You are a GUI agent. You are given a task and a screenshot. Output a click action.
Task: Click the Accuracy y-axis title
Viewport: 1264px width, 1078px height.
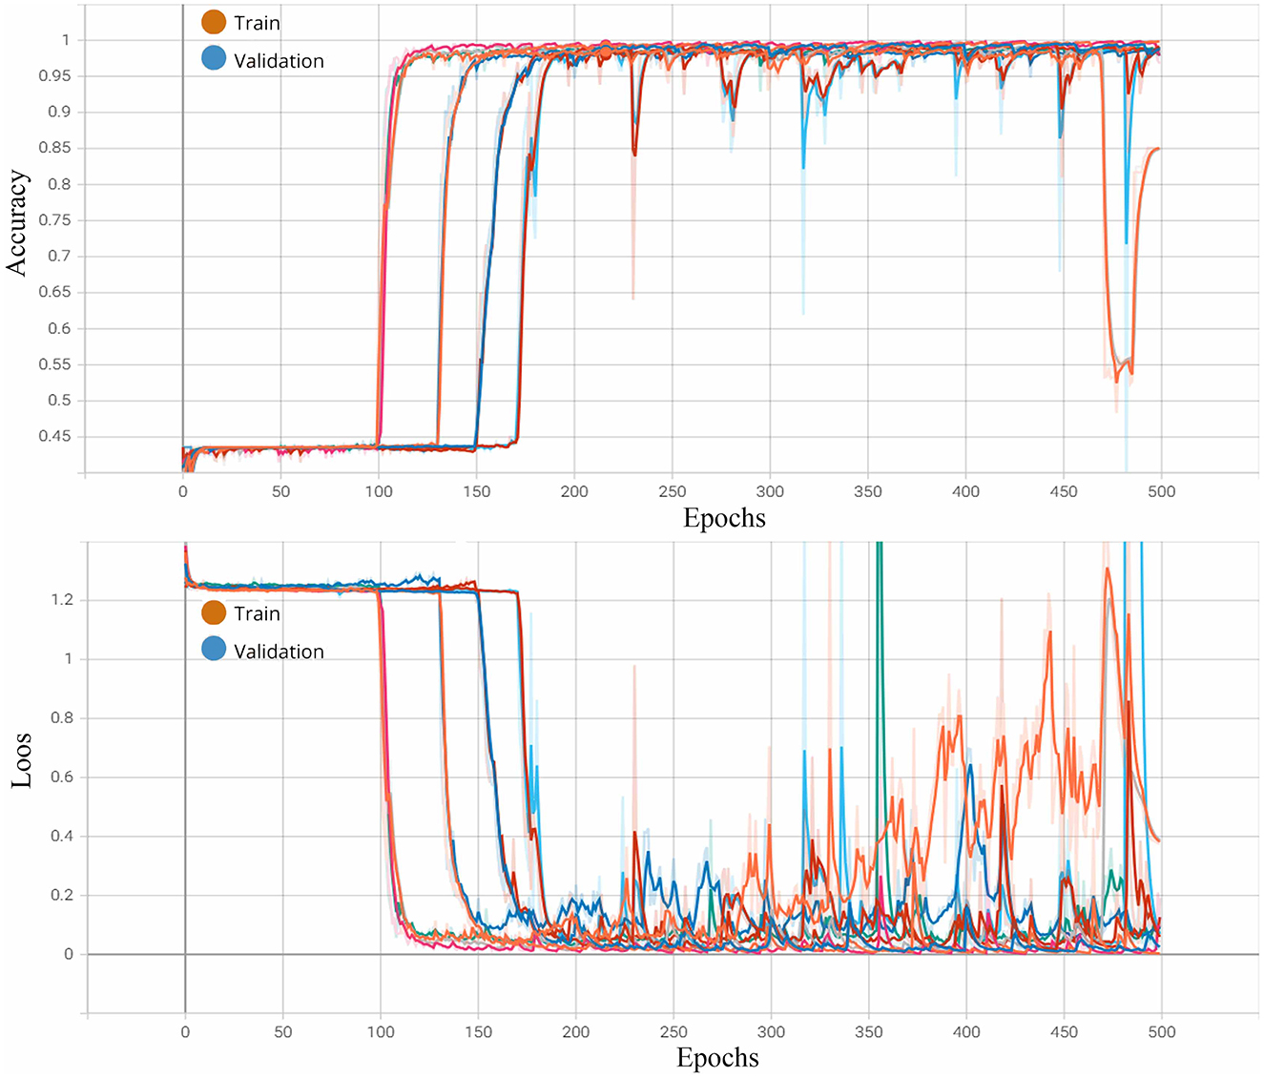pos(17,223)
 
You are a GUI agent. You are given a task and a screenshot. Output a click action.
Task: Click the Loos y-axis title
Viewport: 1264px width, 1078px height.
pos(21,759)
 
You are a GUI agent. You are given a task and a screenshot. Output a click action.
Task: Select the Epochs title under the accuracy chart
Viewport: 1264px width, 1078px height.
pos(724,518)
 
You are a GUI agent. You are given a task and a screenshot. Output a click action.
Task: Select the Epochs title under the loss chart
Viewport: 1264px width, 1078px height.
pos(717,1058)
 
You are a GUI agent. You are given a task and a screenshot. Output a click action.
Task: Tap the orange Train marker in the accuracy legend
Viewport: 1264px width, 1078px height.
pos(214,22)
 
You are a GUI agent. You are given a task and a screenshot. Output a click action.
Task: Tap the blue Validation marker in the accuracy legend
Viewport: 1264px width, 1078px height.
pos(214,59)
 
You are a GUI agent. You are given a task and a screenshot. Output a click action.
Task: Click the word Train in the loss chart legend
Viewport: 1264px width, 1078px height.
pos(257,613)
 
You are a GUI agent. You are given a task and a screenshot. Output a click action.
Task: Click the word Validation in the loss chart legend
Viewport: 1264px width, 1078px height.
pos(279,652)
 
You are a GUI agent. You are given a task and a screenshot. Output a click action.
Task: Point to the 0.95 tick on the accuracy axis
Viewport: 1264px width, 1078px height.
pos(54,75)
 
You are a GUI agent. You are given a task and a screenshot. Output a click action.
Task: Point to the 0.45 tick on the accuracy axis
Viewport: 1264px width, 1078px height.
pos(54,436)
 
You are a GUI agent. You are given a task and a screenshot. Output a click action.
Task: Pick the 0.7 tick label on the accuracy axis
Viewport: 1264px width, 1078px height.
pos(59,256)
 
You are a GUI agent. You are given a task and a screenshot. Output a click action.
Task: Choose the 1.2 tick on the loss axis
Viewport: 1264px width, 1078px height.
pos(62,600)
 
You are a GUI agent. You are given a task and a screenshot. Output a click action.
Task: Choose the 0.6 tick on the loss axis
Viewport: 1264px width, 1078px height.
pos(62,777)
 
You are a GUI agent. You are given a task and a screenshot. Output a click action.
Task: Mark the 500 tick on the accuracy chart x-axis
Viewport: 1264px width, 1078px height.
pos(1161,491)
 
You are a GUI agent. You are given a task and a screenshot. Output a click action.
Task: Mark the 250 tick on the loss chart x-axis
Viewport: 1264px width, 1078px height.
pos(673,1031)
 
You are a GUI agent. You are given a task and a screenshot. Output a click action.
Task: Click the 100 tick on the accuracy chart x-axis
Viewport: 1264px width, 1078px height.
pos(379,491)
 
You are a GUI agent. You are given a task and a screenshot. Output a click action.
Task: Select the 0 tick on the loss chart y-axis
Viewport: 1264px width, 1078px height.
pos(68,954)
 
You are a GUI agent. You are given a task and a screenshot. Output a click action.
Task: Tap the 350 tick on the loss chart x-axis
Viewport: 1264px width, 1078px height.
pos(868,1031)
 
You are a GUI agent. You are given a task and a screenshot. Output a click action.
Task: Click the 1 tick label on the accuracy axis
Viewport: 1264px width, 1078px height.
pos(66,40)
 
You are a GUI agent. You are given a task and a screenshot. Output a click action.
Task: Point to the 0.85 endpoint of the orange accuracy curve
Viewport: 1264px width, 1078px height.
pos(1157,149)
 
